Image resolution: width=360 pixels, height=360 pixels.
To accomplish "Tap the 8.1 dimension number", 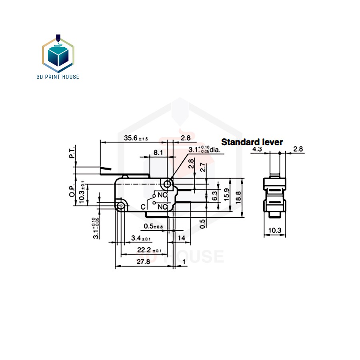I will click(158, 152).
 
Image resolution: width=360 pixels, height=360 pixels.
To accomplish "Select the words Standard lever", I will click(252, 142).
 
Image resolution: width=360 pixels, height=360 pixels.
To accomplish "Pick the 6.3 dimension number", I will click(215, 196).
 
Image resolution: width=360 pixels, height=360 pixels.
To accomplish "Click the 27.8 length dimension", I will click(143, 262).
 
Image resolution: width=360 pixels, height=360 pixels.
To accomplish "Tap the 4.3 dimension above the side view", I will click(257, 149).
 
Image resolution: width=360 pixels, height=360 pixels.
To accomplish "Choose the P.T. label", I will click(73, 153).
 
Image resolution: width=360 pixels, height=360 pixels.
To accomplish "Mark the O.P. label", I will click(72, 192).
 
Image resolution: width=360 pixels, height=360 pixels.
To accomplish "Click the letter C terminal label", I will click(143, 207).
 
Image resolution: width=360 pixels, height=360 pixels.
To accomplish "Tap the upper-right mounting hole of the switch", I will click(167, 184).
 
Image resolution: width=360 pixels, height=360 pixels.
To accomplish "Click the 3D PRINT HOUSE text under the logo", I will click(58, 76).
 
